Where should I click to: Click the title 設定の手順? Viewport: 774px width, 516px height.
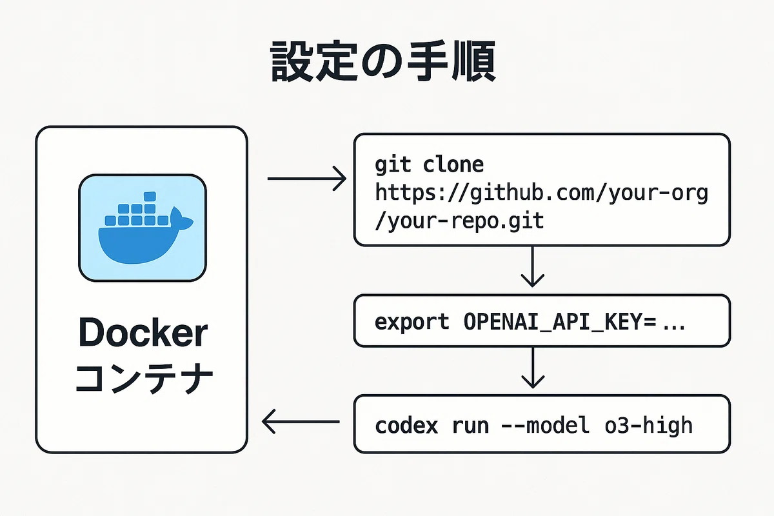383,61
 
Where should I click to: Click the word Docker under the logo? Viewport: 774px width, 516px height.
143,332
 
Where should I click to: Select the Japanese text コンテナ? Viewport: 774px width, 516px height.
144,378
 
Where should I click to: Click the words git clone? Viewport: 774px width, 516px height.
429,165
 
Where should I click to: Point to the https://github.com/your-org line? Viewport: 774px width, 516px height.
541,193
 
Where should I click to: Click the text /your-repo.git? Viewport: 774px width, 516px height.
459,221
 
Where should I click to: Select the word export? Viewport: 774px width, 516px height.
412,322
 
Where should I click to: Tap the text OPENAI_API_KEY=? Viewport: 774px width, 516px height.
559,322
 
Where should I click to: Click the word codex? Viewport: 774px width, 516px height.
406,426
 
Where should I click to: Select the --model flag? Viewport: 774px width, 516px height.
545,425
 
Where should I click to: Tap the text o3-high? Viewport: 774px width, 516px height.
649,426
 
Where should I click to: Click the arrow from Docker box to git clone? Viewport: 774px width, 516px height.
307,178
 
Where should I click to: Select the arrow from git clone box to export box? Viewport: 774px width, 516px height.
533,266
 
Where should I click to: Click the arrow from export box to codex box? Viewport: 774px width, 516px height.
533,368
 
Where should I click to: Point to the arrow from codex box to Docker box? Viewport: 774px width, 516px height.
301,422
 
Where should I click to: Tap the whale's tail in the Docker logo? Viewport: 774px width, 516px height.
181,219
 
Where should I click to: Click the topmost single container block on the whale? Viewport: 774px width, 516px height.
150,196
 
